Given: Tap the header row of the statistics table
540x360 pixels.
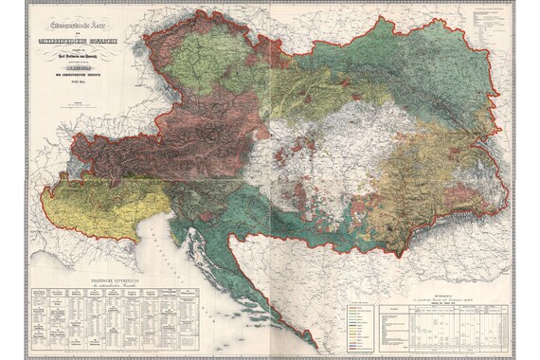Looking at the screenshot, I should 445,308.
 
